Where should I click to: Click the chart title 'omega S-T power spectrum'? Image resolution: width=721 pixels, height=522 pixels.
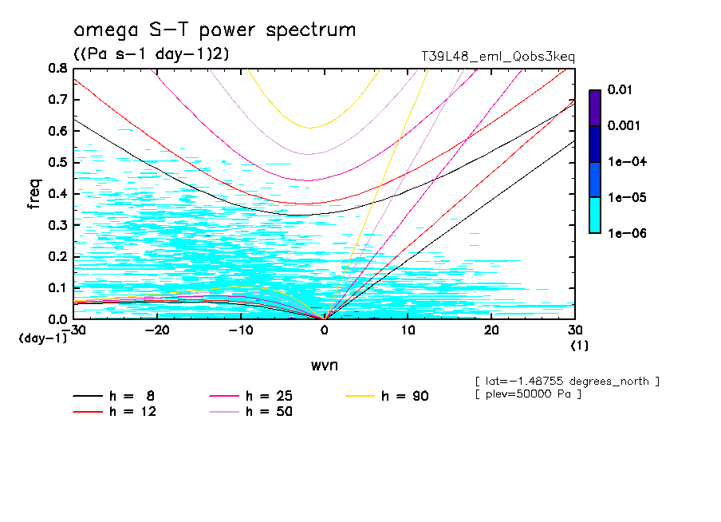point(214,31)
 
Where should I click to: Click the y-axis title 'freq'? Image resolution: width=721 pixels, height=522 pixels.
point(34,193)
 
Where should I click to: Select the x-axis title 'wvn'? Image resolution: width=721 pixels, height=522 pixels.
point(324,365)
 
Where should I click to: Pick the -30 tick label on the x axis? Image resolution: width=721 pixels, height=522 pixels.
point(76,330)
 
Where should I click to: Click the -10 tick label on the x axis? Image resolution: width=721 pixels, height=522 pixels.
point(241,330)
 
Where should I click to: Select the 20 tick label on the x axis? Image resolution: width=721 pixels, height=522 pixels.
point(492,330)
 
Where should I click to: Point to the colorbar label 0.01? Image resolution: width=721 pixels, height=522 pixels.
point(621,90)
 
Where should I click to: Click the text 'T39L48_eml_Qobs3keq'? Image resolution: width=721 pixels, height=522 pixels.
point(498,57)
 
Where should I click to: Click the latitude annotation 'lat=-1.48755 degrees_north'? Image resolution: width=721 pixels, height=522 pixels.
point(566,382)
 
